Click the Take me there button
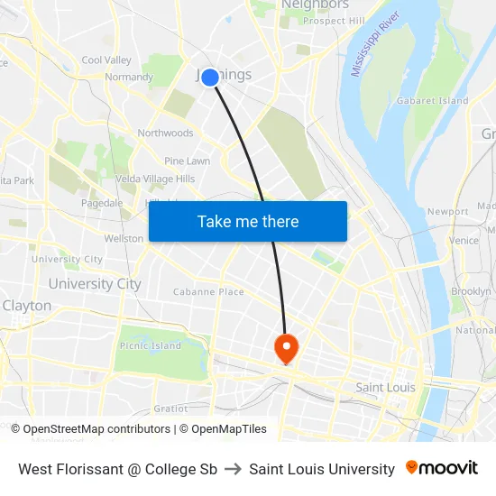pos(248,222)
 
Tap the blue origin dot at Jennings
pos(210,78)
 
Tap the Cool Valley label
pos(106,60)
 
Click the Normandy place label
pos(129,78)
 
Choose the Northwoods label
pos(165,133)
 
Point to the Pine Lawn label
pos(187,161)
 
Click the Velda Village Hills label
pos(154,179)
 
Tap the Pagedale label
pos(101,203)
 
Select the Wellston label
pos(124,239)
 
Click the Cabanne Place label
pos(208,292)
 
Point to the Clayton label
pos(27,306)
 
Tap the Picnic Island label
pos(150,345)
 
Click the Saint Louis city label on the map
pos(385,388)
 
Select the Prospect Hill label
pos(334,21)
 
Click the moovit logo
pos(442,468)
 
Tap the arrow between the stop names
pos(233,469)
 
